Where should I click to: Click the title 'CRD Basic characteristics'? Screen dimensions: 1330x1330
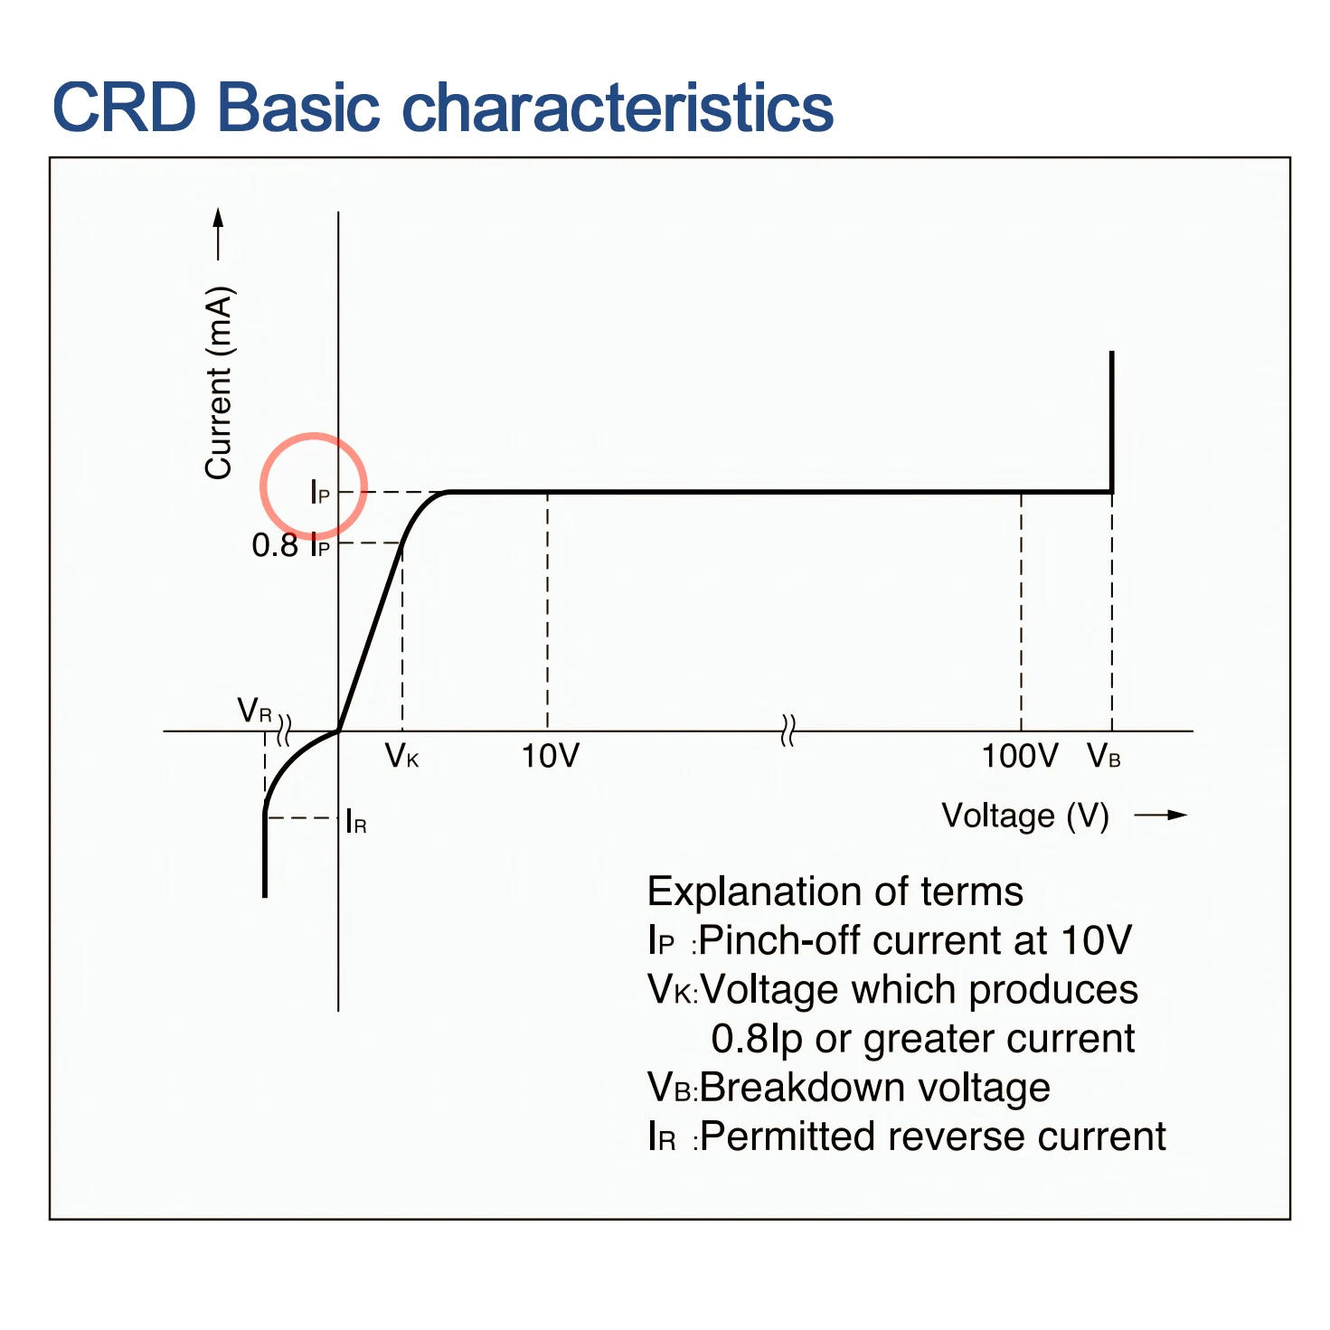point(442,107)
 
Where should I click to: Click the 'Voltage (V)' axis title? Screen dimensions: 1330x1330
point(1024,816)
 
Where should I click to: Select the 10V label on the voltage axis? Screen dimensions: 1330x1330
point(550,756)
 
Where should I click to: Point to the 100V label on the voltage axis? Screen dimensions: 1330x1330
point(1019,756)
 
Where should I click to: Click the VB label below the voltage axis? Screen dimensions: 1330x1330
point(1102,757)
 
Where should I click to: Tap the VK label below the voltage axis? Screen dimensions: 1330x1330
point(401,757)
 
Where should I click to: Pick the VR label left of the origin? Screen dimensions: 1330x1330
point(254,711)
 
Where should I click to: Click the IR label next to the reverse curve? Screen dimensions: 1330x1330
point(356,821)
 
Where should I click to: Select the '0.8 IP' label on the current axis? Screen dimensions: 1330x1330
point(290,545)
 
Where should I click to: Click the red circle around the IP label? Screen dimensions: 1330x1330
point(314,434)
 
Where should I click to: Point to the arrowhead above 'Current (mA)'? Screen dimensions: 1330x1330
point(218,217)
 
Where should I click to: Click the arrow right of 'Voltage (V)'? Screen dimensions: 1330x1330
point(1160,815)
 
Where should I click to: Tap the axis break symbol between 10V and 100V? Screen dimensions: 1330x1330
point(788,731)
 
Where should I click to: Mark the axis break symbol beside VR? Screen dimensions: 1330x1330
point(284,731)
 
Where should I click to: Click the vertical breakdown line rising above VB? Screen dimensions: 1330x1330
point(1111,421)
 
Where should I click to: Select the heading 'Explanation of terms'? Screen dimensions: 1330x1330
point(835,891)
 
